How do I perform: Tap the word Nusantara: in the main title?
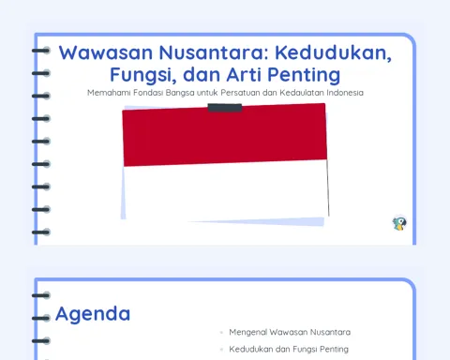(214, 52)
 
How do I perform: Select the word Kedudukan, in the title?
(333, 52)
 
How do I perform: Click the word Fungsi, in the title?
(143, 75)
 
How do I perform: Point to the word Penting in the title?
(304, 75)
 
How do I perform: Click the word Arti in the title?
(245, 74)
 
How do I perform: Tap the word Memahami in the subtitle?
(109, 93)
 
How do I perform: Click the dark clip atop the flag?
(225, 108)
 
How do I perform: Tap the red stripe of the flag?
(224, 135)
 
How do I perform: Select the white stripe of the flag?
(226, 191)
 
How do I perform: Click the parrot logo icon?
(399, 223)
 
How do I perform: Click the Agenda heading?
(93, 314)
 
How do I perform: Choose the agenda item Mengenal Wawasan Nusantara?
(290, 332)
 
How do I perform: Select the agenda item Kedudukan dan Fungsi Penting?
(289, 349)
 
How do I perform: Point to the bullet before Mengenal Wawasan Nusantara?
(221, 333)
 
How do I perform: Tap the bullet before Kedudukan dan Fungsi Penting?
(221, 350)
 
